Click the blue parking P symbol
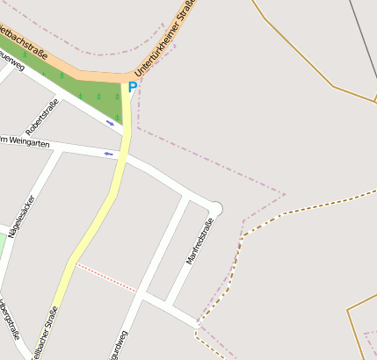click(x=133, y=87)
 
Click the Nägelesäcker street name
click(x=19, y=216)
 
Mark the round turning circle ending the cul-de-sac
click(x=216, y=208)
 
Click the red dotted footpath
click(x=105, y=276)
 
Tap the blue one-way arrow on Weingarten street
click(x=109, y=155)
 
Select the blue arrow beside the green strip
click(x=110, y=123)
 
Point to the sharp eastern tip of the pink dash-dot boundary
click(x=286, y=193)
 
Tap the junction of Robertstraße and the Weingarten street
click(x=60, y=148)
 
